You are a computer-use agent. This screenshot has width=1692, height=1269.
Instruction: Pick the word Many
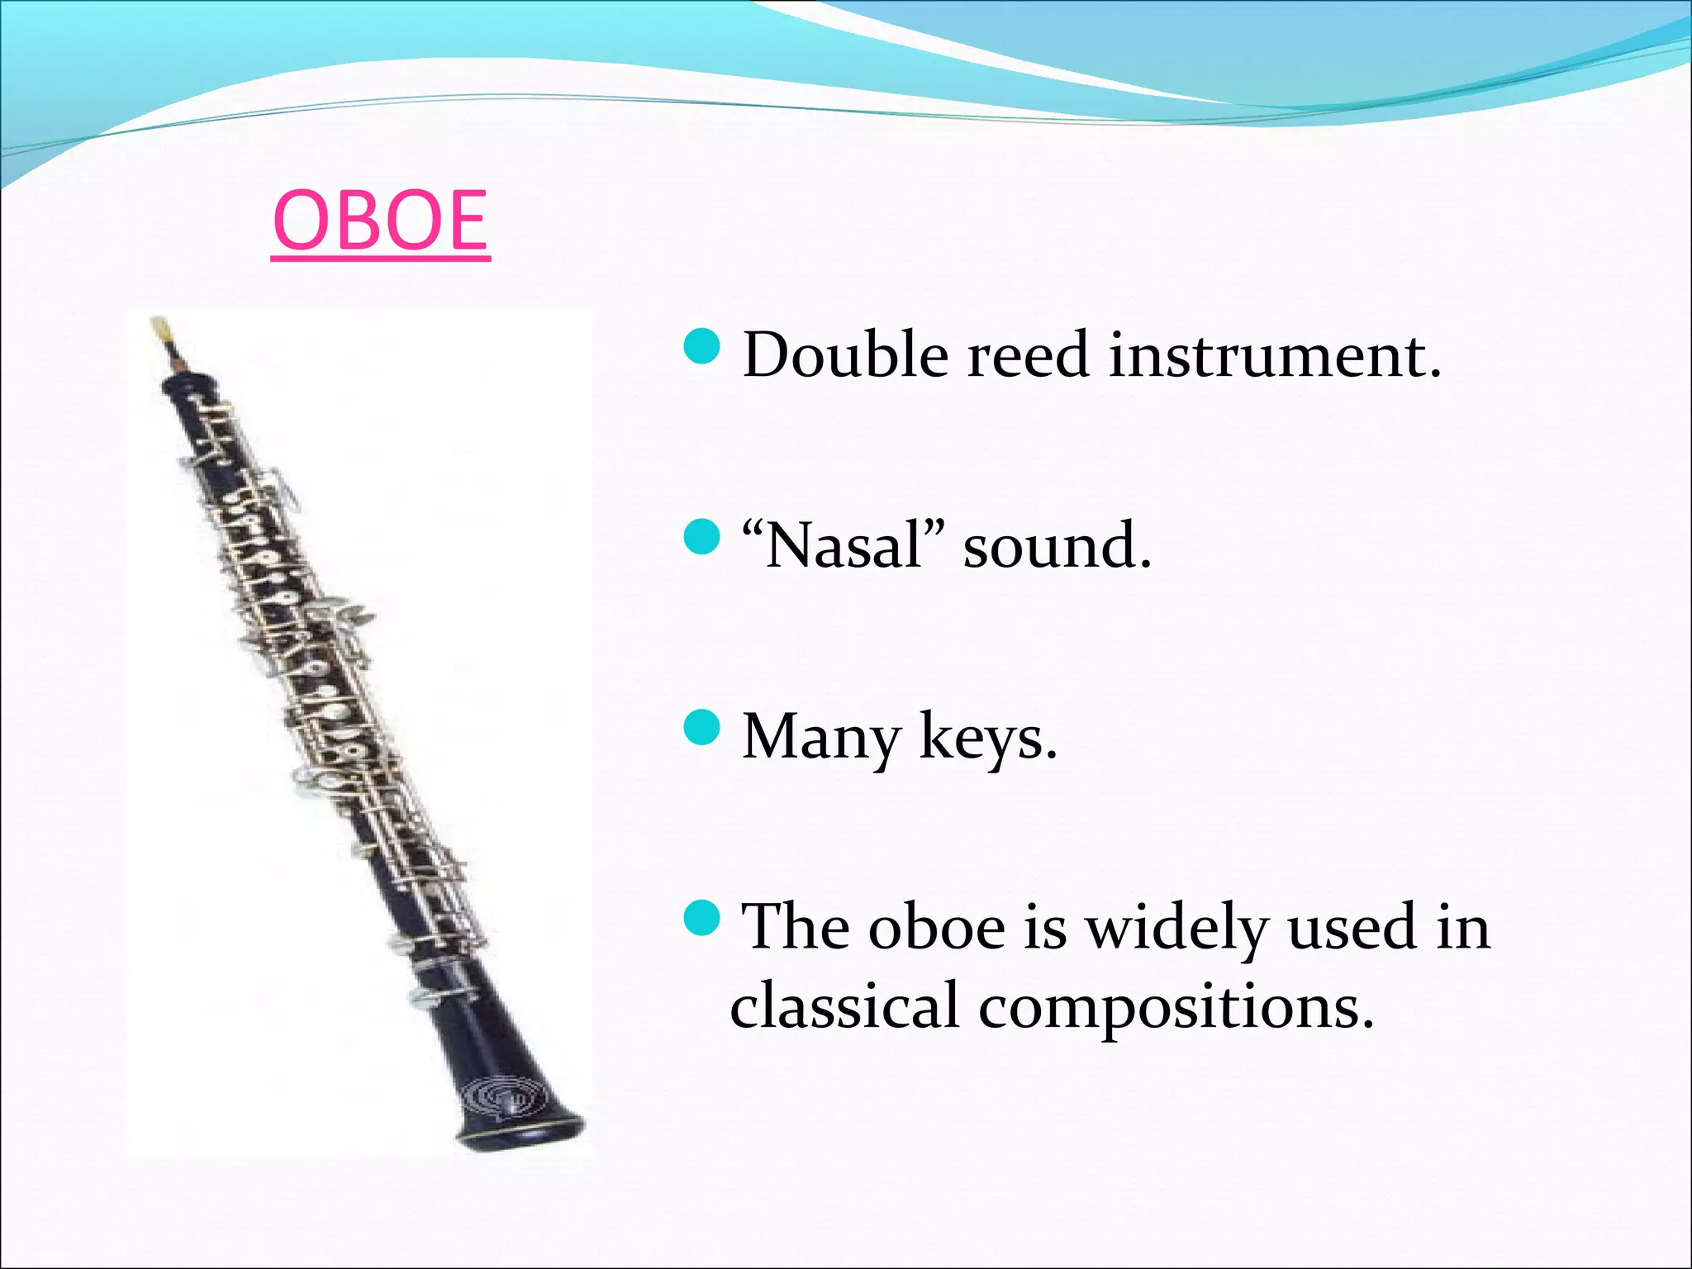click(x=821, y=736)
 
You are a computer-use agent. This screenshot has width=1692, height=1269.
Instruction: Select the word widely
click(x=1176, y=927)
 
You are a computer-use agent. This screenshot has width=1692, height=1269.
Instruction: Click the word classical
click(x=844, y=1005)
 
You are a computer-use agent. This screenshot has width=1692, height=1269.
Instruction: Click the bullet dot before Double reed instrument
click(x=703, y=345)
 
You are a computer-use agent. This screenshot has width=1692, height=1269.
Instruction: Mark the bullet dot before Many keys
click(x=703, y=727)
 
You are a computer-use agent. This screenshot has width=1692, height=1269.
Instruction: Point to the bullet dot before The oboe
click(x=703, y=917)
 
